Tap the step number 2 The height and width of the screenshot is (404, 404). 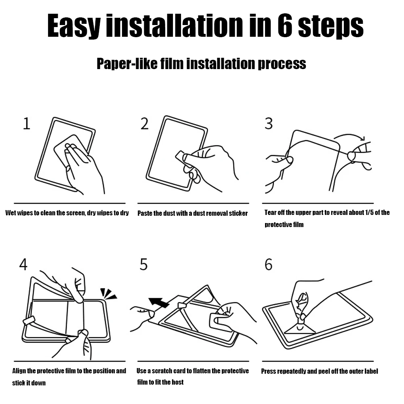click(x=145, y=124)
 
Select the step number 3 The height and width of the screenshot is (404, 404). click(x=269, y=124)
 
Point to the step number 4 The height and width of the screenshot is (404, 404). click(x=23, y=265)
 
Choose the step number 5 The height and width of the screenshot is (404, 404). click(x=143, y=265)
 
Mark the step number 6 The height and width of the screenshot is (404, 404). click(x=269, y=265)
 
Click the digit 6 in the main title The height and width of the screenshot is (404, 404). click(x=285, y=25)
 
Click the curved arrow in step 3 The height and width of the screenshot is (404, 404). click(x=349, y=135)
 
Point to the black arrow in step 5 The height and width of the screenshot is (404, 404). click(x=159, y=302)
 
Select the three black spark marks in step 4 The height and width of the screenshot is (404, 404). click(x=108, y=294)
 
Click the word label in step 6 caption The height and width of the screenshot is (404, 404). click(x=371, y=371)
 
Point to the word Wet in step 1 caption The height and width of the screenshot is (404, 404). click(x=11, y=213)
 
